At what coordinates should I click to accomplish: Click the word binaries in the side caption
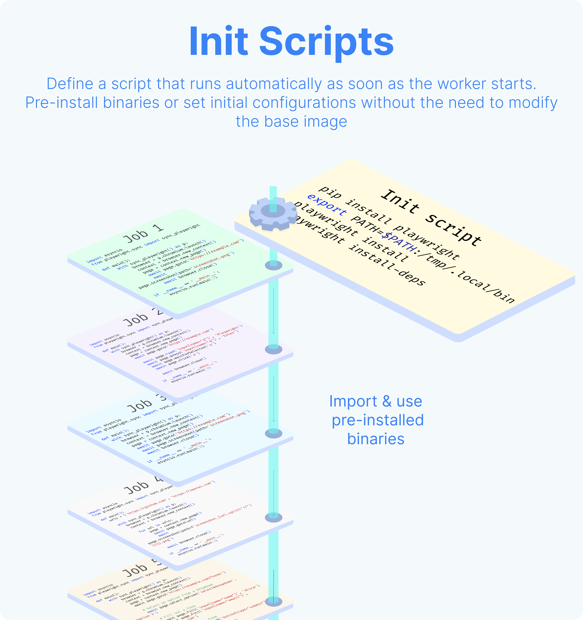tap(376, 439)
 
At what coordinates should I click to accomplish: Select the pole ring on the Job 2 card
tap(273, 349)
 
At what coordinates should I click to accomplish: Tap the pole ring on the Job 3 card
tap(273, 433)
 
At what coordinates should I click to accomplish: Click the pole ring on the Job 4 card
tap(273, 517)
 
